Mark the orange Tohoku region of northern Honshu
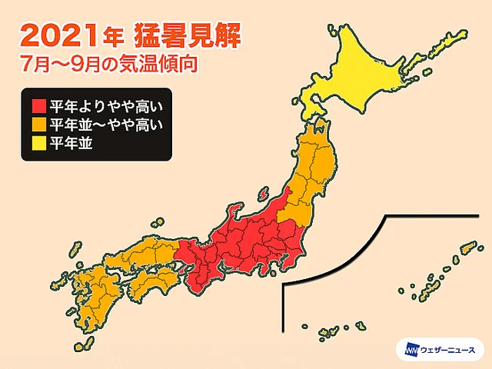(x=315, y=169)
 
